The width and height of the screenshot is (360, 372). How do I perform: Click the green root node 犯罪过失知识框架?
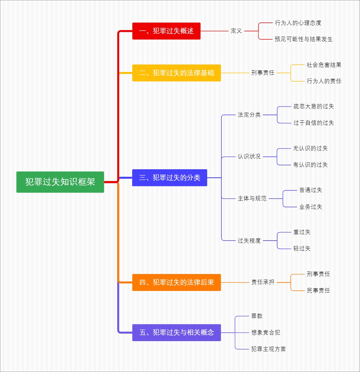click(60, 182)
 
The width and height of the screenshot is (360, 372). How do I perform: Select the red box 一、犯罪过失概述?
click(166, 31)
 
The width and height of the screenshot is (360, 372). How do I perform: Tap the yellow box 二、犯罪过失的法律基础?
click(176, 73)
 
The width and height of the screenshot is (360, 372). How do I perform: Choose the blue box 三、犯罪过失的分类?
click(169, 178)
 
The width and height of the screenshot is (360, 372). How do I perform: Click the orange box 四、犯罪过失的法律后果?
click(176, 282)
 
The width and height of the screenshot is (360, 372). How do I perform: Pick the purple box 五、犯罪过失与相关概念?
click(176, 332)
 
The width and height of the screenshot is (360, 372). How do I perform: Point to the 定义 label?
click(236, 31)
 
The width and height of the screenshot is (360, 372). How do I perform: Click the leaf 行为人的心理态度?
click(298, 23)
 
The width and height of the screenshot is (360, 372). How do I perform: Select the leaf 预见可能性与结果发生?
click(303, 39)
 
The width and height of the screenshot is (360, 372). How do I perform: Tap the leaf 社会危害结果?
click(324, 65)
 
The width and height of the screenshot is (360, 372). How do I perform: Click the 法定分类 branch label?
click(249, 115)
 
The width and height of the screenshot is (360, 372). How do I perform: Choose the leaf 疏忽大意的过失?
click(313, 106)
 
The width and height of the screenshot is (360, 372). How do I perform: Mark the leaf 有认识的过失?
click(310, 165)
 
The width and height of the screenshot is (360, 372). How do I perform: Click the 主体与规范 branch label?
click(252, 199)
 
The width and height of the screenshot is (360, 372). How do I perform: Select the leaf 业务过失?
click(310, 207)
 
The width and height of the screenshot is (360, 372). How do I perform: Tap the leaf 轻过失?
click(301, 248)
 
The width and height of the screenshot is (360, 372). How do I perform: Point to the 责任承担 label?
click(262, 282)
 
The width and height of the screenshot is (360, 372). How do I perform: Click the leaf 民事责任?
click(318, 290)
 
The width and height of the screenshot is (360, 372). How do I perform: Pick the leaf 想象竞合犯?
click(265, 332)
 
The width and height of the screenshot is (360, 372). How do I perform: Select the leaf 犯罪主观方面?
click(268, 349)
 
